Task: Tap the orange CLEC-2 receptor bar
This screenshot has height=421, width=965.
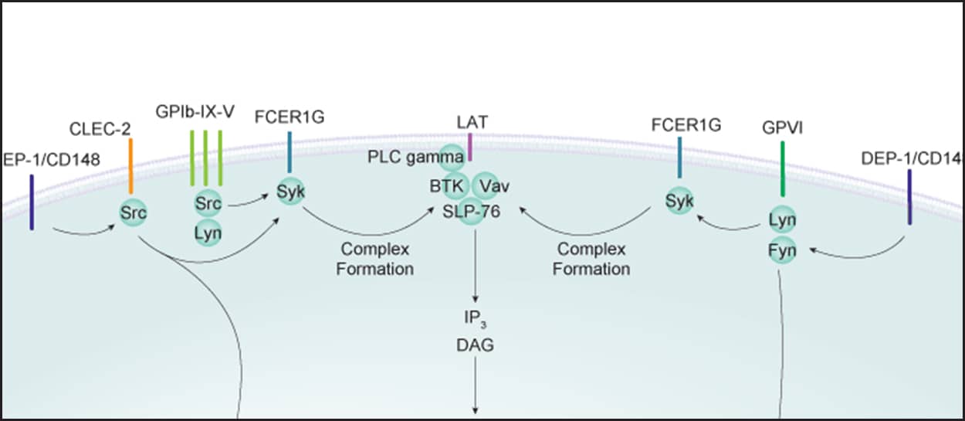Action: (131, 166)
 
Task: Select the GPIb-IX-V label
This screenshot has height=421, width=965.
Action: (206, 111)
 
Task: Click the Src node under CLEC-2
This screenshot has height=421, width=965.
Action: (133, 212)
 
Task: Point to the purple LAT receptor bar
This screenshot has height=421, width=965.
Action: (469, 144)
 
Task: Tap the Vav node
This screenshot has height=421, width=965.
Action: (488, 186)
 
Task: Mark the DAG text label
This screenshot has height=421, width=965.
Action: (475, 345)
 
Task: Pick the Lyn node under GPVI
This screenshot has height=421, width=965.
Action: (782, 220)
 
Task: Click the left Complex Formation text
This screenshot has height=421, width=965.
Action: (374, 260)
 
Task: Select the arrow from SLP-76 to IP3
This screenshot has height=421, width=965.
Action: (475, 263)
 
